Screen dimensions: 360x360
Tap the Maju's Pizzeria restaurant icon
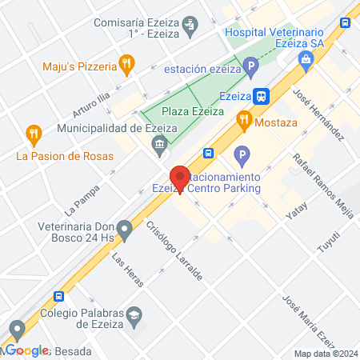click(x=126, y=62)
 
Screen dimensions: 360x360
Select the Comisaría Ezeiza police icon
click(x=189, y=24)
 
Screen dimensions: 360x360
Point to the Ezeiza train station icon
click(x=262, y=95)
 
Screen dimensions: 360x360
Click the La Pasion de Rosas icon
click(x=33, y=133)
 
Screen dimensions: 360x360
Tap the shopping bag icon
click(x=306, y=58)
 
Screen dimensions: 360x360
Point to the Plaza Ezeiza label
click(x=192, y=112)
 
